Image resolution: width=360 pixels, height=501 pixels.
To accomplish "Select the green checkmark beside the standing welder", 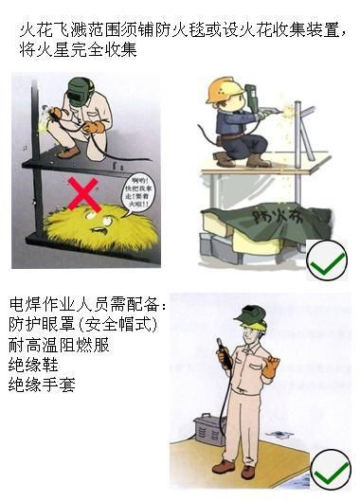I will click(x=331, y=468).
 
